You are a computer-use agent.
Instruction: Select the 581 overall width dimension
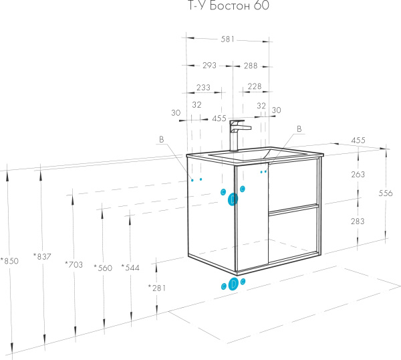click(228, 39)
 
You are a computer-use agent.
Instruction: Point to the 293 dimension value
click(209, 66)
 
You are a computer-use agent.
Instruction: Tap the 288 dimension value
click(251, 66)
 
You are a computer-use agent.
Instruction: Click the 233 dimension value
click(203, 87)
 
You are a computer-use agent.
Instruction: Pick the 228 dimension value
click(254, 87)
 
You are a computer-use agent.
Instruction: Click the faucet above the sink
click(237, 134)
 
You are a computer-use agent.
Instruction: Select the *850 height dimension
click(10, 261)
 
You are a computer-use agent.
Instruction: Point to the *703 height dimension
click(74, 264)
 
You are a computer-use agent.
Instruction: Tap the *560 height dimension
click(104, 267)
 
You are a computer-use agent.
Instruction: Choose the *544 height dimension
click(131, 267)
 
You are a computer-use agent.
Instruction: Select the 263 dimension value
click(359, 175)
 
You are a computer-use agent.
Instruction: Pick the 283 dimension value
click(359, 221)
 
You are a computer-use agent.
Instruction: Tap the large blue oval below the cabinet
click(233, 284)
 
